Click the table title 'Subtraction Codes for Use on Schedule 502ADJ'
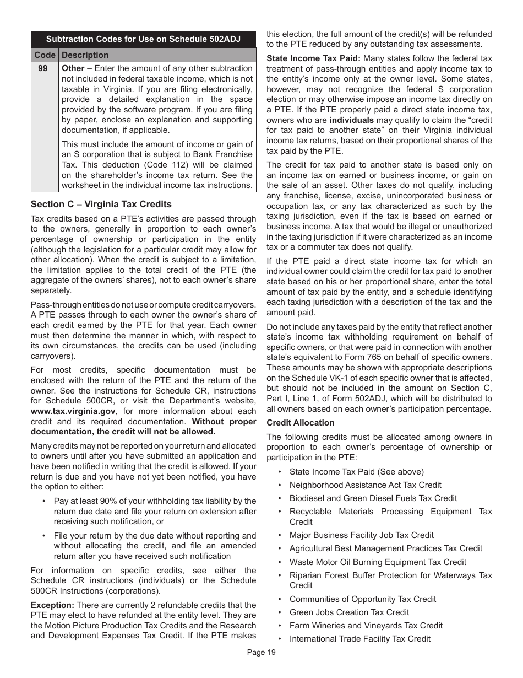coord(143,39)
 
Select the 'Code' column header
coord(45,55)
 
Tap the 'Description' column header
coord(85,55)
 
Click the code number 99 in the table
coord(43,68)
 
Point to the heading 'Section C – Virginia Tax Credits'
coord(101,204)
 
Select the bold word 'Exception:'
coord(52,605)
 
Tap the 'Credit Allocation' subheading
coord(300,423)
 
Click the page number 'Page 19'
coord(261,653)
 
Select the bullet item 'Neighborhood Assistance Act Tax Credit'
coord(365,485)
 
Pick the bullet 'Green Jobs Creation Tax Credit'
coord(349,612)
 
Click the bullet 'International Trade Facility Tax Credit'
coord(359,639)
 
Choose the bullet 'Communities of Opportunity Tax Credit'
coord(362,599)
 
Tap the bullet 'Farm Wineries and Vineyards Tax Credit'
coord(366,626)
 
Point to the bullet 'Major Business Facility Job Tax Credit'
coord(361,535)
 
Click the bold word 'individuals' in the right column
coord(351,120)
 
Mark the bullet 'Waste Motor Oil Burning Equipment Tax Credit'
coord(378,562)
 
